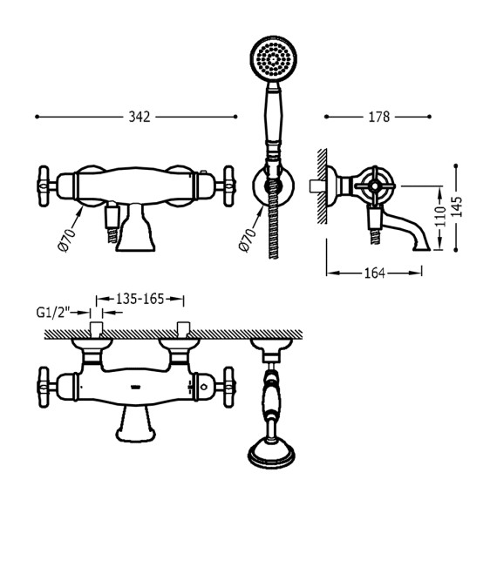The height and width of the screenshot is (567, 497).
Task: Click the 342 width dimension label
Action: [140, 117]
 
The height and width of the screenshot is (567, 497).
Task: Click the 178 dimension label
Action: [379, 117]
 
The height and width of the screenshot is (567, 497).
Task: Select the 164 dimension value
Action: [375, 273]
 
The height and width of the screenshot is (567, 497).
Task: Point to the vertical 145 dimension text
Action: [457, 206]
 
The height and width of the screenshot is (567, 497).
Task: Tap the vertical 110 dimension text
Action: [440, 216]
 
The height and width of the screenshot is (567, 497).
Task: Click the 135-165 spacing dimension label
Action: [140, 299]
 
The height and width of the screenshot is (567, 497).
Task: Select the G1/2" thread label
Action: [52, 312]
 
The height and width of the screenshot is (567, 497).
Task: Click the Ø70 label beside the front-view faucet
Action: [67, 240]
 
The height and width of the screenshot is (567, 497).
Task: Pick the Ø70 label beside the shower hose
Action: [248, 240]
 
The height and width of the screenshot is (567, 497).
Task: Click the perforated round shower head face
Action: [273, 58]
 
